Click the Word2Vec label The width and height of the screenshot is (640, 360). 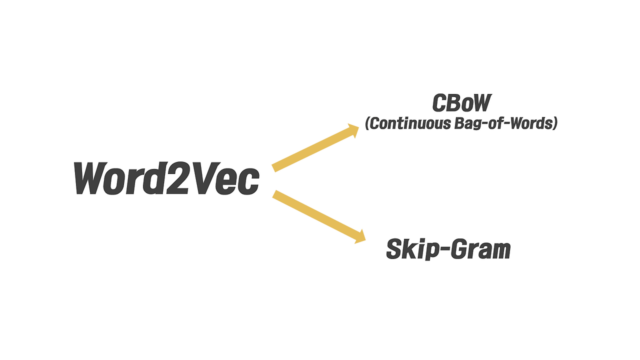tap(166, 178)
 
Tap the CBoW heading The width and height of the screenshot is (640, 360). tap(461, 103)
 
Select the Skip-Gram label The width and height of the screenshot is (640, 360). tap(448, 249)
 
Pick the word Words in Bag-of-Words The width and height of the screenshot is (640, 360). tap(530, 123)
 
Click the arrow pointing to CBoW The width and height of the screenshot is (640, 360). tap(315, 148)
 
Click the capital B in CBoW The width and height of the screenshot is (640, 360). tap(454, 103)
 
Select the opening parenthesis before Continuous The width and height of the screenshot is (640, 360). tap(367, 123)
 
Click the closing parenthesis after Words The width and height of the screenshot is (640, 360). tap(554, 123)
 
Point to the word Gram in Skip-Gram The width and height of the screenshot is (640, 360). tap(480, 249)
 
